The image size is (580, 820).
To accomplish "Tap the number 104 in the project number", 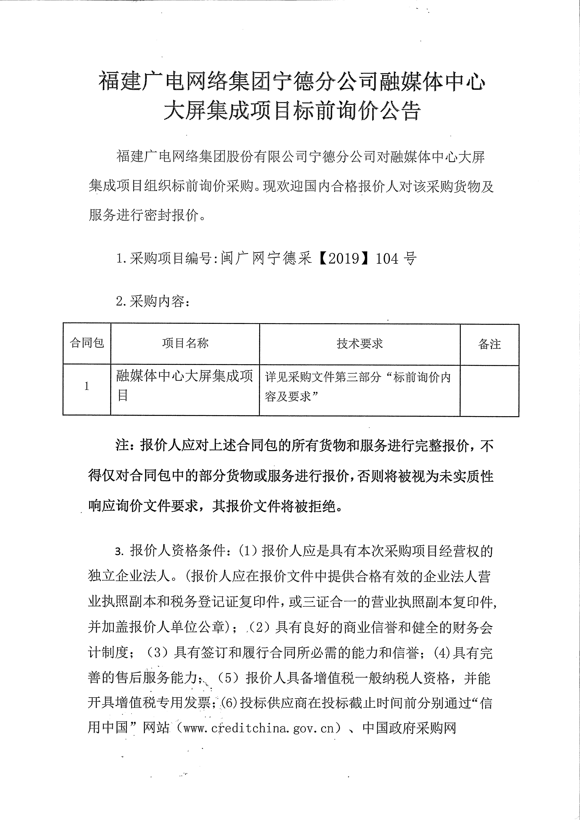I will (x=387, y=259).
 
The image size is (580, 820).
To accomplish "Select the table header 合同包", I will (x=87, y=343).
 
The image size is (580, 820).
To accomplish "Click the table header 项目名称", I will (x=185, y=343).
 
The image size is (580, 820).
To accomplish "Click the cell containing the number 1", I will (x=86, y=386).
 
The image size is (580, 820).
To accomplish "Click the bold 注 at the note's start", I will (x=122, y=446).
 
